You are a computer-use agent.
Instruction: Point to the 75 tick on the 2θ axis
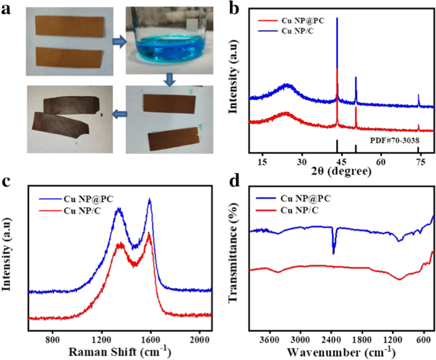tap(420, 163)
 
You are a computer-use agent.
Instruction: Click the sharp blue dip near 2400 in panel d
tap(333, 252)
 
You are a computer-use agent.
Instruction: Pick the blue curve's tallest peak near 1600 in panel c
tap(150, 200)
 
